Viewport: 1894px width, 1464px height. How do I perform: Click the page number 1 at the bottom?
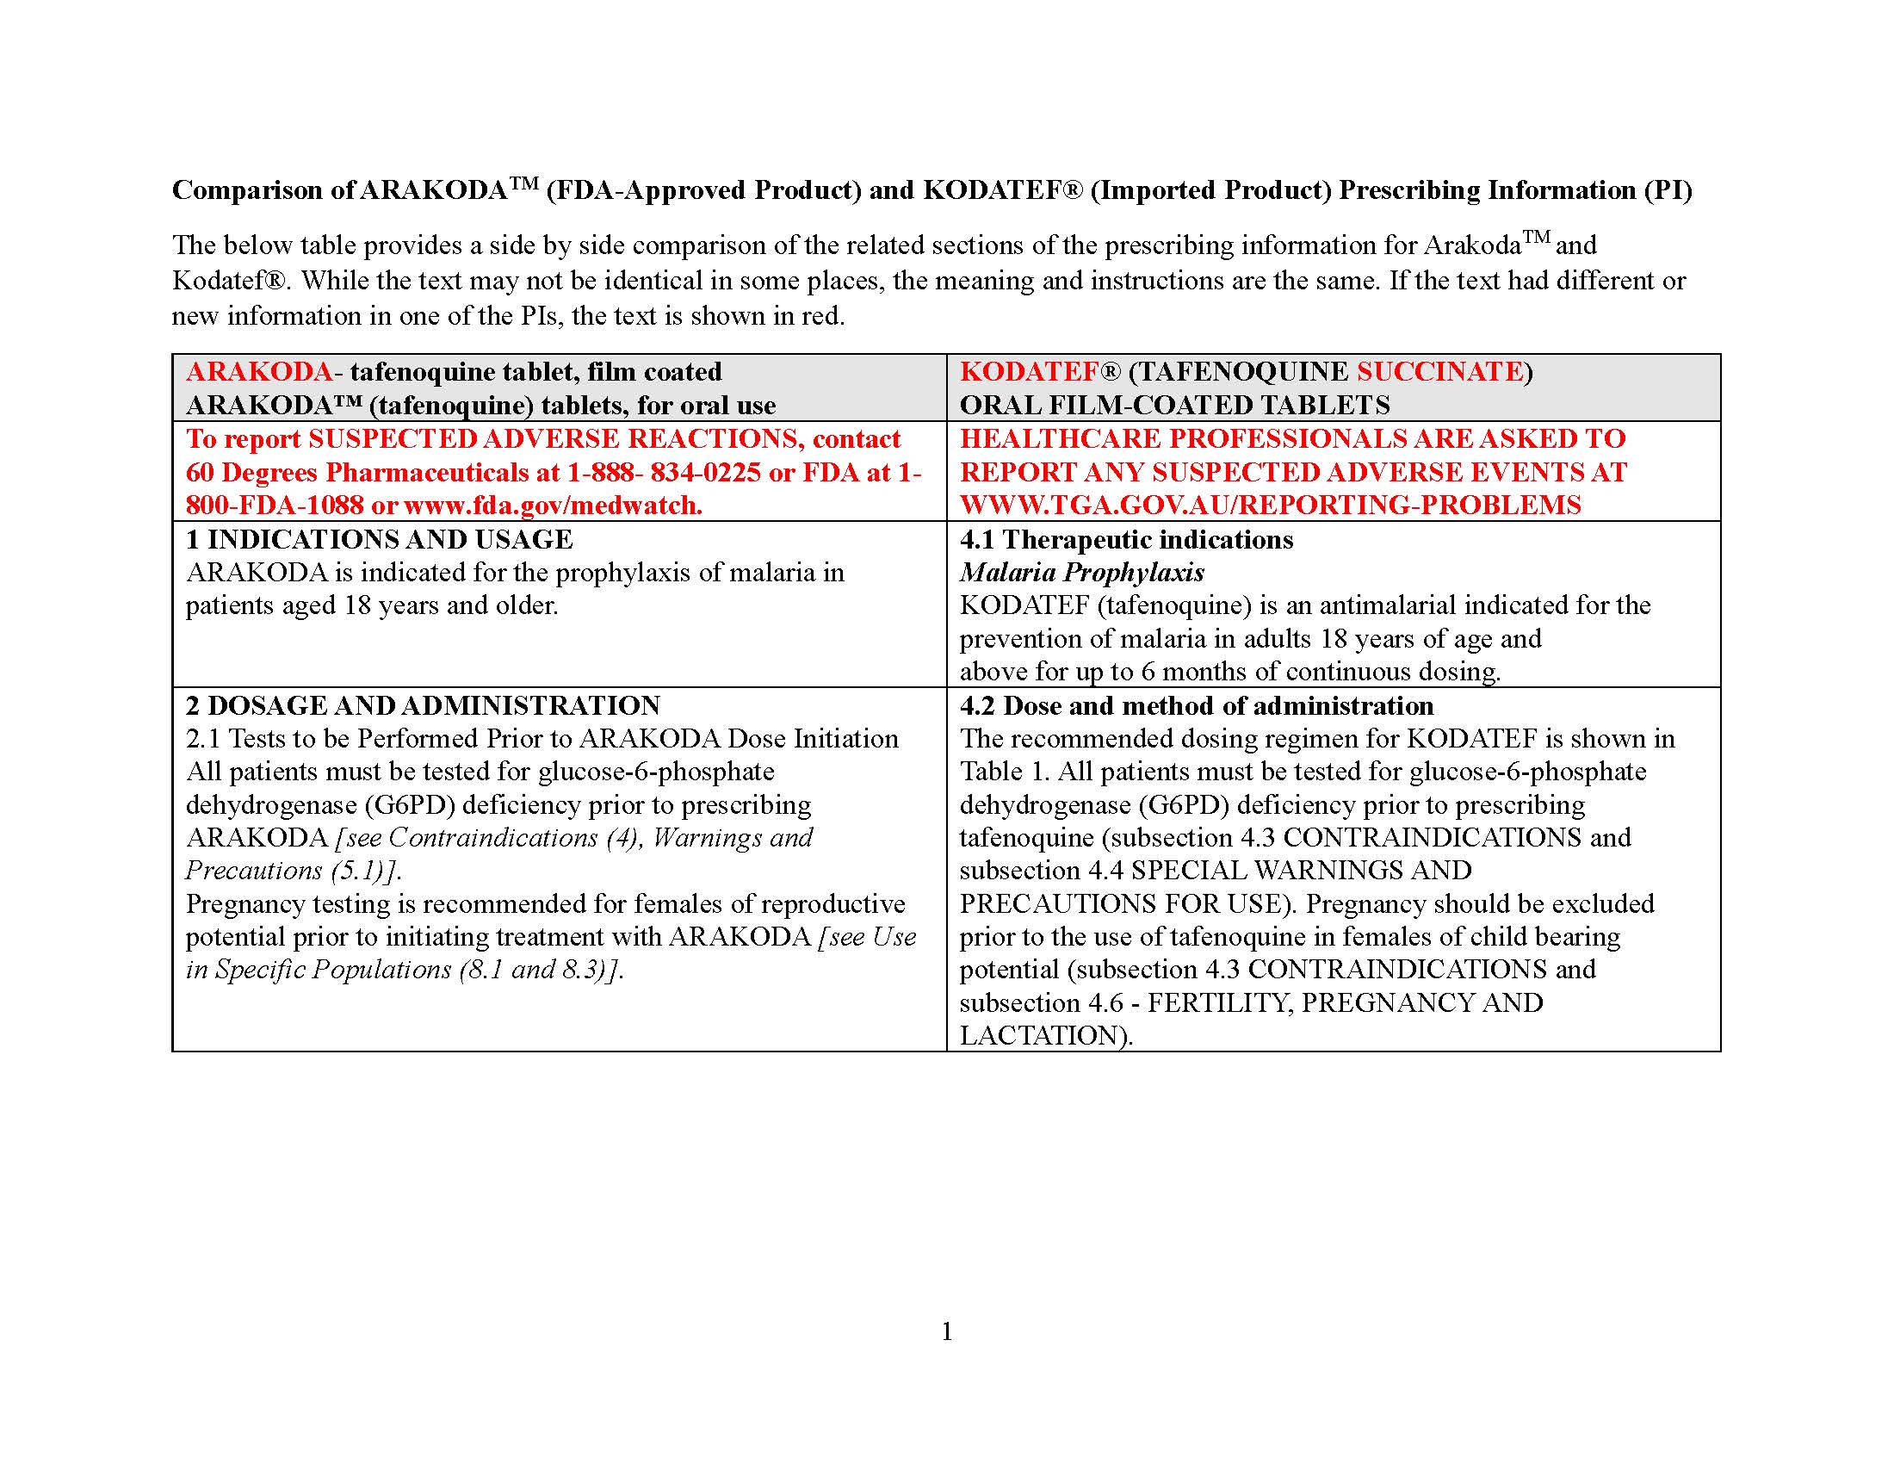tap(946, 1331)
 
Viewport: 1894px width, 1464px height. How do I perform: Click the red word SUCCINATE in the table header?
tap(1439, 371)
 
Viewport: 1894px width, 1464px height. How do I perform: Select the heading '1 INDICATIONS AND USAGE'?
tap(379, 539)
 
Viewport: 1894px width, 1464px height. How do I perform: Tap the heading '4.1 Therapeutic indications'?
tap(1126, 539)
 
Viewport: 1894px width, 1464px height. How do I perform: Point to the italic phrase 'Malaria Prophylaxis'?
tap(1081, 573)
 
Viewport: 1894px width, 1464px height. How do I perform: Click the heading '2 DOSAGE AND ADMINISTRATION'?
tap(423, 705)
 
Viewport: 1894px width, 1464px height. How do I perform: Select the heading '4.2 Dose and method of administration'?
tap(1196, 705)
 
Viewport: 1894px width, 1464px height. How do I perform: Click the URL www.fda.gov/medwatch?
tap(553, 505)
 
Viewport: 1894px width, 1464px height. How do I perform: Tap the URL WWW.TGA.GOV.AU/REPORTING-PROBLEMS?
tap(1270, 505)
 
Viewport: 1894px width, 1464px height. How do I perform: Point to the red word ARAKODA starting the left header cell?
tap(258, 371)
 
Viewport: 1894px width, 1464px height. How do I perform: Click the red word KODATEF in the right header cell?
tap(1030, 371)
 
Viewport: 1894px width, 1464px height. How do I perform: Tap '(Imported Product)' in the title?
tap(1210, 190)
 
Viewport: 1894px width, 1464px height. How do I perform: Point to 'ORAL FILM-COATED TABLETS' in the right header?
tap(1174, 405)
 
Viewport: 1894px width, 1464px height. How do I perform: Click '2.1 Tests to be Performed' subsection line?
tap(542, 738)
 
